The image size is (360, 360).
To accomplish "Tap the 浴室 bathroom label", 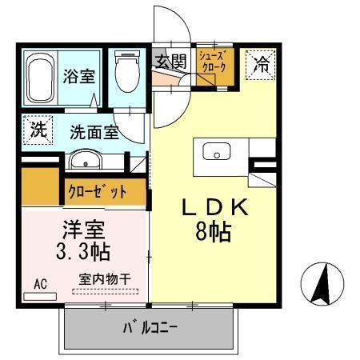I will point(79,78).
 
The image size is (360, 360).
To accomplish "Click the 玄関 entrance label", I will point(170,62).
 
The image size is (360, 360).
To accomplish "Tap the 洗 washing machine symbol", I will point(38,130).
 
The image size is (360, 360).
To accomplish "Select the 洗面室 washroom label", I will point(94,132).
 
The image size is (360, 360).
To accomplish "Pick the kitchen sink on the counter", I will point(216,152).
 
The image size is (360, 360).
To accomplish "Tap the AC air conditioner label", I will point(40,283).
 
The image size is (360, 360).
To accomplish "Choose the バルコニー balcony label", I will point(149,327).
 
